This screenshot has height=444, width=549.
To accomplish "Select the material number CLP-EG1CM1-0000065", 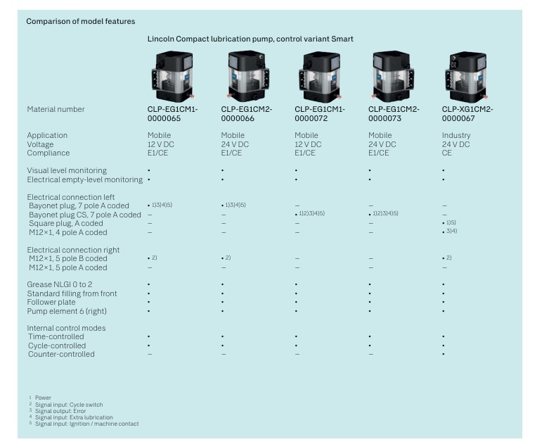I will [173, 113].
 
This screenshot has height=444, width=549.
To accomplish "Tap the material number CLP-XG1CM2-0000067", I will [467, 113].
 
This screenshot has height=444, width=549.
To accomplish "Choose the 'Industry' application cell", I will [456, 135].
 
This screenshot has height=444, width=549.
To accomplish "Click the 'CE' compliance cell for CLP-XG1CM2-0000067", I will [447, 153].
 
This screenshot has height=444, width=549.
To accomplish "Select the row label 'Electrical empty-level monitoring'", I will [84, 179].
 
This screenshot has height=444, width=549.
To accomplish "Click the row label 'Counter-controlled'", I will [61, 354].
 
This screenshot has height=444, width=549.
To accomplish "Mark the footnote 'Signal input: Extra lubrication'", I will [69, 418].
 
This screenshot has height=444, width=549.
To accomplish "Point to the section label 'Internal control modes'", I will [66, 328].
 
